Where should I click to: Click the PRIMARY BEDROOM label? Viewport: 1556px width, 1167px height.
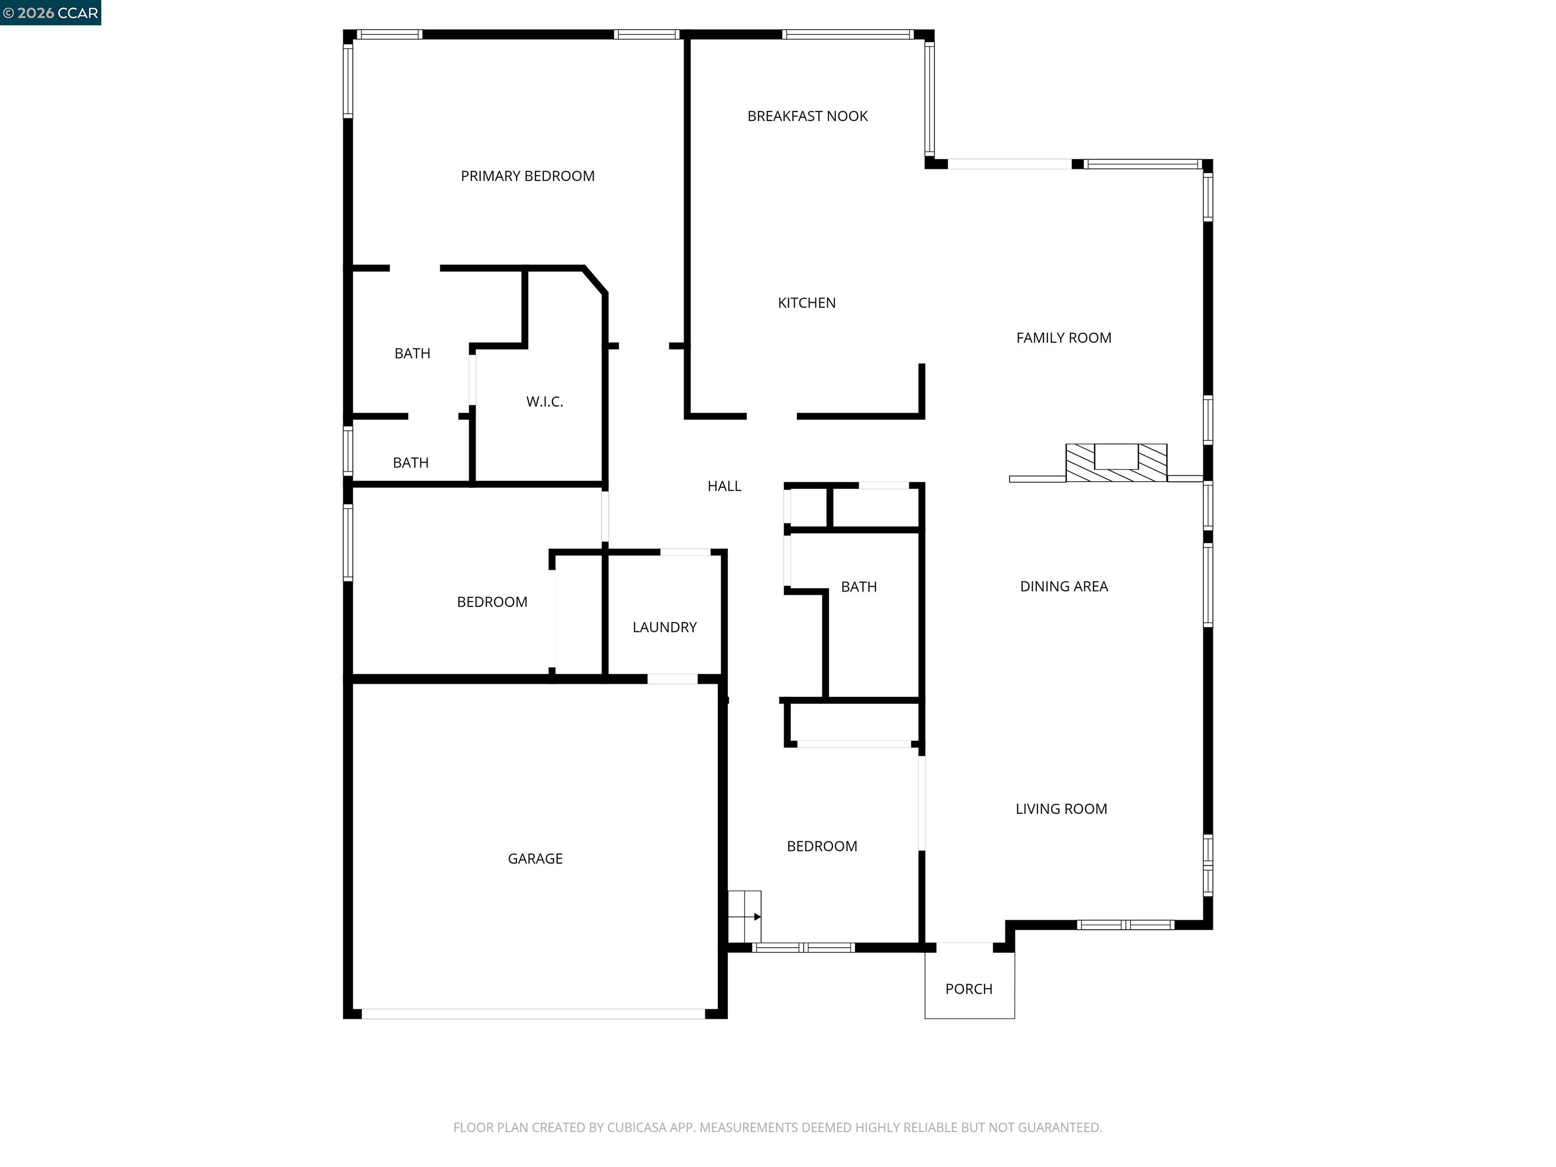pos(528,176)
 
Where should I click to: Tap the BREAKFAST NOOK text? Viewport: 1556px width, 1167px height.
pos(807,116)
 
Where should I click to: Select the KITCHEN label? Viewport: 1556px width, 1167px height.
pos(806,302)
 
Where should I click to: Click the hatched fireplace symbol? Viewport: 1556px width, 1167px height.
pos(1116,463)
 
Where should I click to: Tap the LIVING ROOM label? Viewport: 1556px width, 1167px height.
pos(1061,809)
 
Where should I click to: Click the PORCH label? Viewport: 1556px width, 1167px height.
pos(968,989)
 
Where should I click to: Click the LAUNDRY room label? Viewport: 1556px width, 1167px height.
pos(664,627)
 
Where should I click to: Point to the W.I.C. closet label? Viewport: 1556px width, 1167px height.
pos(544,402)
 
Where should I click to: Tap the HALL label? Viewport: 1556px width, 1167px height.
pos(724,486)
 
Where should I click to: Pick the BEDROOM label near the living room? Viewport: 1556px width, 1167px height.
pos(822,846)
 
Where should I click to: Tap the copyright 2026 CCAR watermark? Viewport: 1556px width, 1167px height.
pos(51,13)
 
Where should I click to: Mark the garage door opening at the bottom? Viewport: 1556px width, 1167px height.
pos(533,1014)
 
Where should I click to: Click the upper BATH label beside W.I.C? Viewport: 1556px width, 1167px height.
pos(412,353)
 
